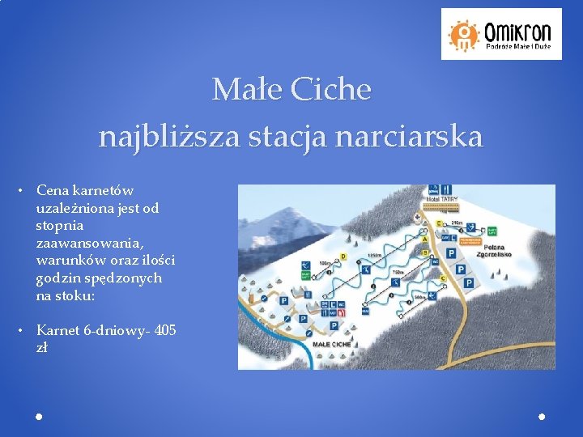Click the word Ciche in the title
click(330, 89)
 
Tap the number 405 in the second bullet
click(165, 330)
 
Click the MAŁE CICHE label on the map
click(332, 344)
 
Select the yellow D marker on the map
click(343, 257)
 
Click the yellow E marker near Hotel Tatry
click(438, 223)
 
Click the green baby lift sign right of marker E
click(491, 229)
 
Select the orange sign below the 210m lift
click(471, 240)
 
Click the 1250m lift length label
click(374, 257)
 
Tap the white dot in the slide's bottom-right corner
click(542, 416)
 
